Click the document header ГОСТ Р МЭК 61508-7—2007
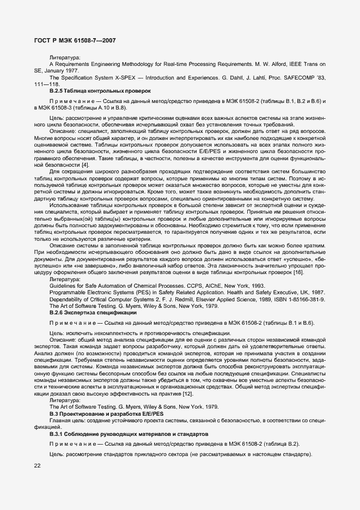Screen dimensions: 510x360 pyautogui.click(x=74, y=40)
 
